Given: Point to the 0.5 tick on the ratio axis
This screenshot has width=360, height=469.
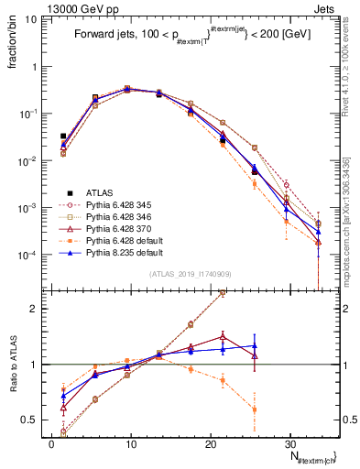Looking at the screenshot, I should (x=33, y=420).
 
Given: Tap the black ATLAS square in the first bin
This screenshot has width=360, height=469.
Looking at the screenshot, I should (x=63, y=136).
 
